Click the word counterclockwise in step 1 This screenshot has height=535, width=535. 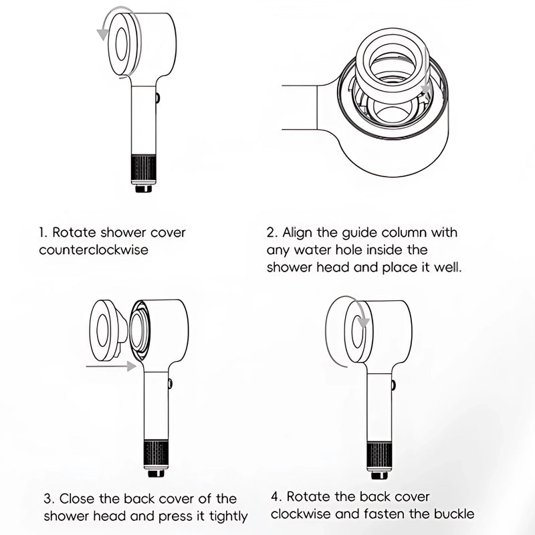(x=94, y=249)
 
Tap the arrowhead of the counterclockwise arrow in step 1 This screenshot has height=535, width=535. (x=103, y=35)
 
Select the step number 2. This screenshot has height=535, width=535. (x=272, y=233)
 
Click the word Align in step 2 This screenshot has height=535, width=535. (x=297, y=233)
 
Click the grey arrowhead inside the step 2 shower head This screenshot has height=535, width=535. (x=426, y=90)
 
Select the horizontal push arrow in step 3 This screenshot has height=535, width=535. (x=111, y=366)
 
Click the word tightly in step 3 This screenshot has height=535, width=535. (x=228, y=517)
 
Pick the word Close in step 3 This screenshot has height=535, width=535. (x=77, y=499)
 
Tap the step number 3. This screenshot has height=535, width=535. (x=48, y=499)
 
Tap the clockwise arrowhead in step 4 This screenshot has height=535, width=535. (x=364, y=322)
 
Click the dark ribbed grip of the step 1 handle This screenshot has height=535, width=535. (x=144, y=169)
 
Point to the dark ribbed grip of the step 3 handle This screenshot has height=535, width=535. (x=156, y=455)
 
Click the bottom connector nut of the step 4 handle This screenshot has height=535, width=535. (x=379, y=475)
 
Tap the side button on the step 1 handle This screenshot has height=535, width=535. (x=157, y=98)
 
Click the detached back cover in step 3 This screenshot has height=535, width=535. (x=108, y=330)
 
